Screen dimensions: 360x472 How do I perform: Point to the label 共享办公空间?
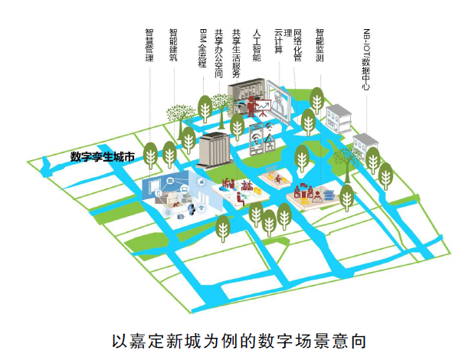coord(219,53)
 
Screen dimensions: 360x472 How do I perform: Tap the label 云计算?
coord(279,41)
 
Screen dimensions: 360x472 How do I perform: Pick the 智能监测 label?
coord(320,44)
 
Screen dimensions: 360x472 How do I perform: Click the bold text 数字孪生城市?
coord(103,157)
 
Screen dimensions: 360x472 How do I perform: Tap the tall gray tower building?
coord(212,149)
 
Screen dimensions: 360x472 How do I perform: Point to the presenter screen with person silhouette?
coord(279,103)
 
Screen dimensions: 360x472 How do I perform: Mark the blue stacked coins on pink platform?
coord(326,195)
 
